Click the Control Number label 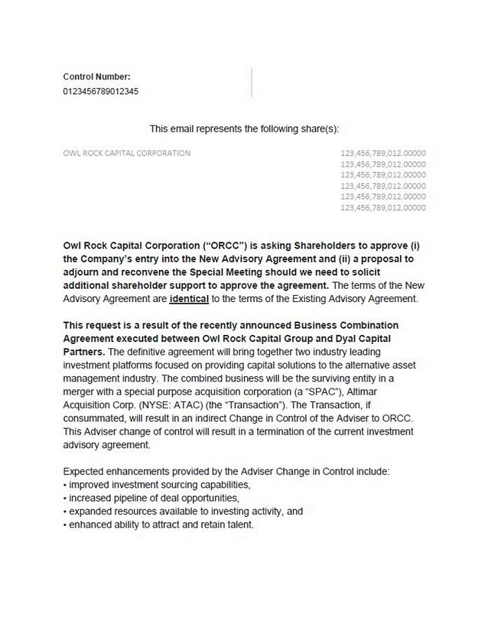click(x=96, y=77)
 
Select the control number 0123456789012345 click(x=100, y=91)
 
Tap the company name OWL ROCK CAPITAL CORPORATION click(x=126, y=153)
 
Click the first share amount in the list click(x=383, y=153)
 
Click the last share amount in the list click(x=383, y=207)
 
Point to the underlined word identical click(x=189, y=299)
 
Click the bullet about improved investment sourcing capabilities click(x=157, y=485)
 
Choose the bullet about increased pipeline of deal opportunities click(x=151, y=498)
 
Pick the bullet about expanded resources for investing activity click(x=183, y=511)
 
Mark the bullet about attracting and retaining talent click(x=158, y=525)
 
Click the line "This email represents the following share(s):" click(x=243, y=129)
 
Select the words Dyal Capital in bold click(x=374, y=338)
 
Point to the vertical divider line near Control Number click(x=251, y=82)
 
